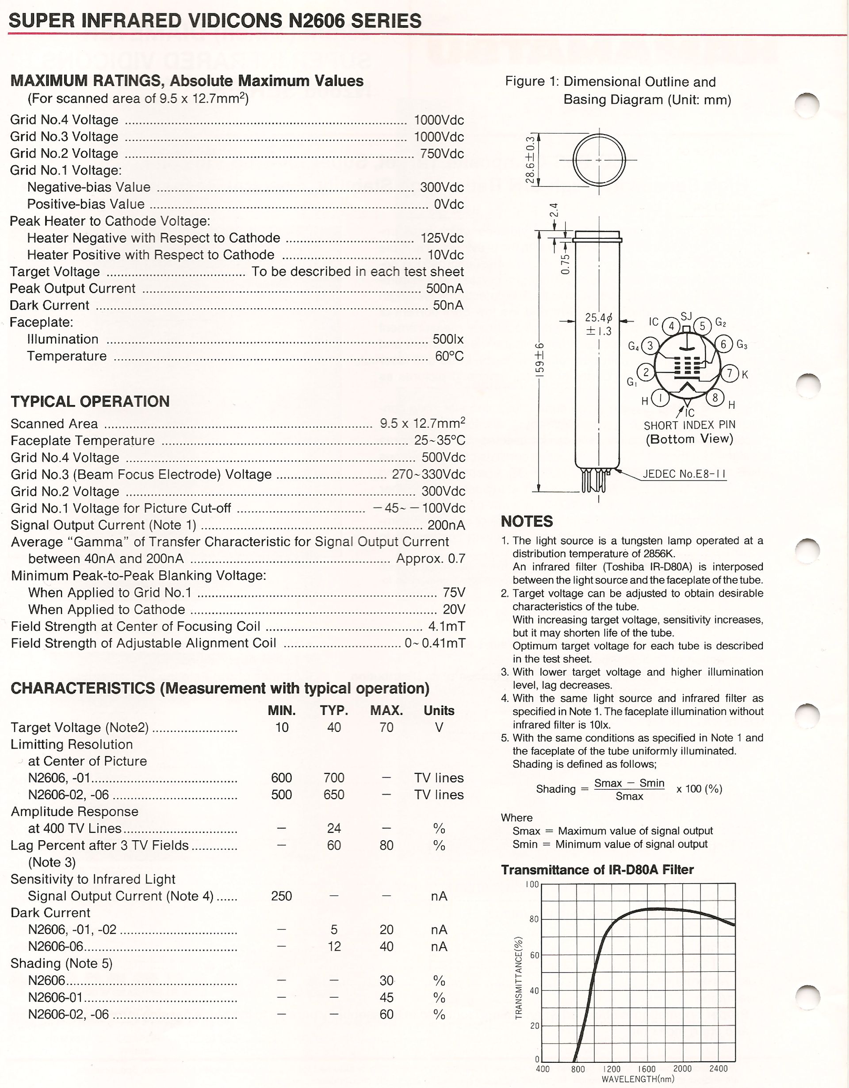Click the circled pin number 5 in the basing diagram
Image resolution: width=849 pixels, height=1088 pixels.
702,326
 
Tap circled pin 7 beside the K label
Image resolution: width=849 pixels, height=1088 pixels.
730,373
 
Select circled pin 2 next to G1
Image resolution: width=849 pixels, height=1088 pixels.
646,372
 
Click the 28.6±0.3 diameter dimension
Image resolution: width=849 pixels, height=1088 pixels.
530,159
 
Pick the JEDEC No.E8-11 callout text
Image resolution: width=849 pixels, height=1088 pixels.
684,474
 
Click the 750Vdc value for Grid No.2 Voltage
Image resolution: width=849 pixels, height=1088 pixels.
442,154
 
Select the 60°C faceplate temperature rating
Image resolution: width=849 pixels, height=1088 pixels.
449,356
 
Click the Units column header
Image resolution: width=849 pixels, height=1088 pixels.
439,711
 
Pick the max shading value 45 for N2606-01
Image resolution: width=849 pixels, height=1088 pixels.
386,997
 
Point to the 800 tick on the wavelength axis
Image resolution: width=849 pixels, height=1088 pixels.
577,1069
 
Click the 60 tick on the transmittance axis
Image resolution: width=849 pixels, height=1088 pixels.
534,955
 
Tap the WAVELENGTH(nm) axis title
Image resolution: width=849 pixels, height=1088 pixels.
638,1079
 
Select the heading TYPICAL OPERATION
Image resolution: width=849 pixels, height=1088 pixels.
90,401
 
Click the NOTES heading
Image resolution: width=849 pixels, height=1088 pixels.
527,521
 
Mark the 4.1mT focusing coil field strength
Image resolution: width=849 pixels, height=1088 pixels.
447,626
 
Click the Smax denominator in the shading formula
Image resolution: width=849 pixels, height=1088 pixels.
629,796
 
